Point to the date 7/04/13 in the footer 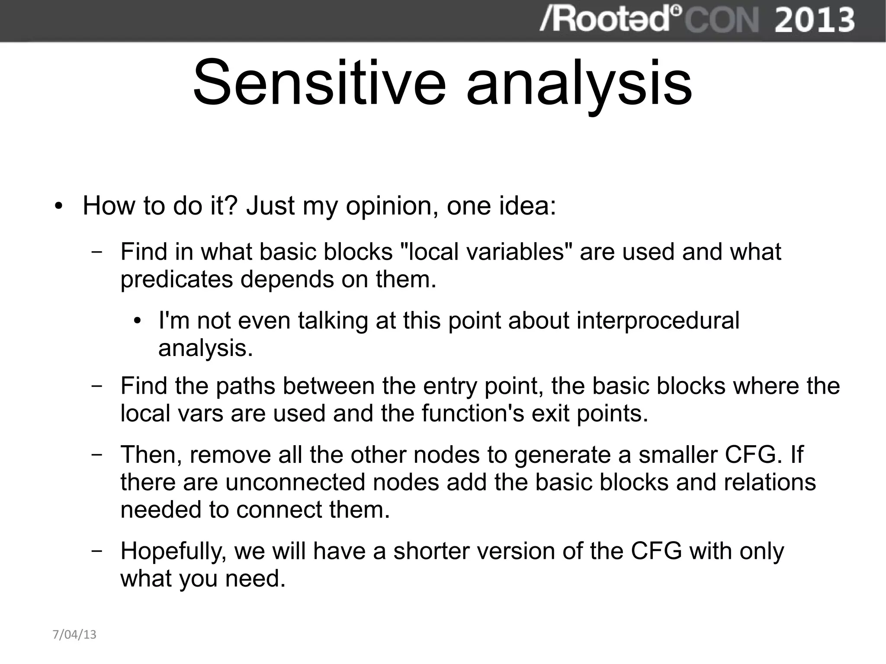click(74, 635)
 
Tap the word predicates click(177, 280)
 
